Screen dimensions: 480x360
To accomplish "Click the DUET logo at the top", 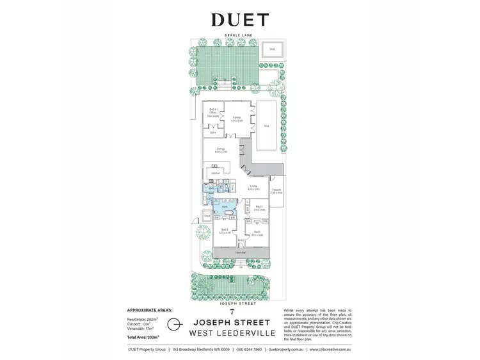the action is tap(239, 20).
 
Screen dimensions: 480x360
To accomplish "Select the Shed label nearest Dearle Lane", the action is tap(272, 49).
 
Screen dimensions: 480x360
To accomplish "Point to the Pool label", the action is tap(266, 126).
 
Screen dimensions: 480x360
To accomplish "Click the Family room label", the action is tap(237, 119).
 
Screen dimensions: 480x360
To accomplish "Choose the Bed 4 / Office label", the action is tap(213, 114).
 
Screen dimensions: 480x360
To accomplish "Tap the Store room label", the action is tap(212, 133).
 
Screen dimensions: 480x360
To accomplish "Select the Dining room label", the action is tap(221, 151).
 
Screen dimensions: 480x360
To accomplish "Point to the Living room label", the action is tap(253, 188).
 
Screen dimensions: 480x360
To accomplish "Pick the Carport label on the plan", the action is tap(276, 191).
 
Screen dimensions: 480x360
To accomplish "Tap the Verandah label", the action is tap(240, 253).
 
